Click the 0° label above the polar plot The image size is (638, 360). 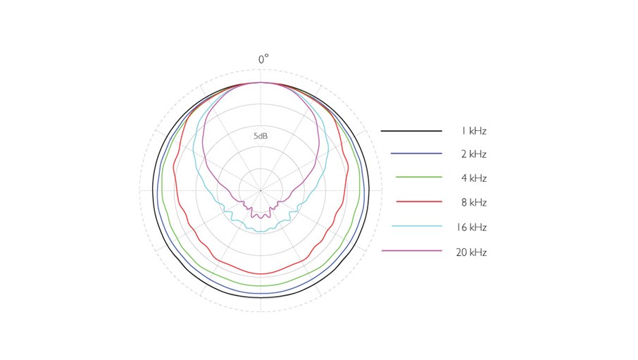click(x=263, y=60)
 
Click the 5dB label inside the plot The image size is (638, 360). click(x=261, y=135)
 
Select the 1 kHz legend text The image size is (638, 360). click(x=474, y=131)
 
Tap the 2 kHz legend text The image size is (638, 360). click(x=474, y=154)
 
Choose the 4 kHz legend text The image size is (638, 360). click(x=474, y=178)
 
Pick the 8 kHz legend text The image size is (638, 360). click(x=474, y=202)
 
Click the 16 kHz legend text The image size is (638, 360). click(x=472, y=228)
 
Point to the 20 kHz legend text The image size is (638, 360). click(x=472, y=252)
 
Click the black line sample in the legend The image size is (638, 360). click(x=411, y=131)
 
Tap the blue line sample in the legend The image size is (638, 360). click(x=411, y=154)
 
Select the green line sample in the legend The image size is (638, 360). click(x=411, y=178)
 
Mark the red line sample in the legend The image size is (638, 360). click(x=411, y=202)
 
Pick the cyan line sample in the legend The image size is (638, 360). click(x=411, y=226)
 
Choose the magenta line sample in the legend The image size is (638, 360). click(x=411, y=251)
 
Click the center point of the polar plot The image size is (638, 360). click(x=261, y=190)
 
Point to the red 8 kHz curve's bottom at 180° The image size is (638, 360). click(x=261, y=273)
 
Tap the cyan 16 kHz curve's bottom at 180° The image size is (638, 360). click(x=261, y=231)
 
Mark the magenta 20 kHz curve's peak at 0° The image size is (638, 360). click(x=261, y=82)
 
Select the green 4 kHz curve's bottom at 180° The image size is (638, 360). click(x=261, y=285)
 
